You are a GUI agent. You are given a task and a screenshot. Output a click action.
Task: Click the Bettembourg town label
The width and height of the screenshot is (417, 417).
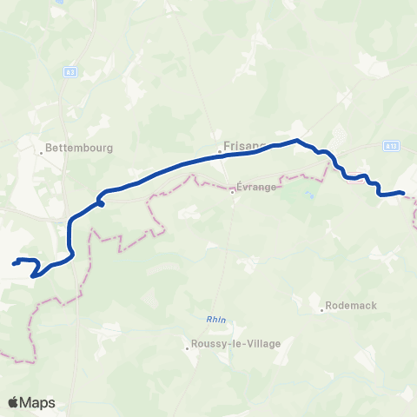tap(80, 149)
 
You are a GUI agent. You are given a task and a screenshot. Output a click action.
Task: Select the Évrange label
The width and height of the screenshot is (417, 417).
tap(256, 186)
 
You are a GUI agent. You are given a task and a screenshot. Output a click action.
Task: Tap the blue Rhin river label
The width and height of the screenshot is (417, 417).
tap(216, 320)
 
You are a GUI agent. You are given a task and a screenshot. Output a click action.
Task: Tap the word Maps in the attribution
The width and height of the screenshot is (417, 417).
tap(40, 403)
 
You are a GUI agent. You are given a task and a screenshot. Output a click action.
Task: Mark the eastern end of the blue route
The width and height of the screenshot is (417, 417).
tap(404, 193)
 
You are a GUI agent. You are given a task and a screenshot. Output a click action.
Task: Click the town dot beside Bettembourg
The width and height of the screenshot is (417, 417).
tap(41, 153)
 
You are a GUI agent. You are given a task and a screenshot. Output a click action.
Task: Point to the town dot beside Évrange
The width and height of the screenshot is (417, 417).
tap(232, 192)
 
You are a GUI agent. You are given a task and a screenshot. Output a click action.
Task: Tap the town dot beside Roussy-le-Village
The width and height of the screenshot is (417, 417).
tap(188, 349)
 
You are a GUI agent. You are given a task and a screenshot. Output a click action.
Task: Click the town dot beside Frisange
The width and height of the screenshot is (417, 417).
tap(220, 154)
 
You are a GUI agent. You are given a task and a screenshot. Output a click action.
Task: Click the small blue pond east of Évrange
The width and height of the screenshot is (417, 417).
tap(309, 195)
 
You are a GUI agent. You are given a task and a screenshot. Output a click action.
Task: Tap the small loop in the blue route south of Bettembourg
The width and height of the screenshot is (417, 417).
tap(101, 202)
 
